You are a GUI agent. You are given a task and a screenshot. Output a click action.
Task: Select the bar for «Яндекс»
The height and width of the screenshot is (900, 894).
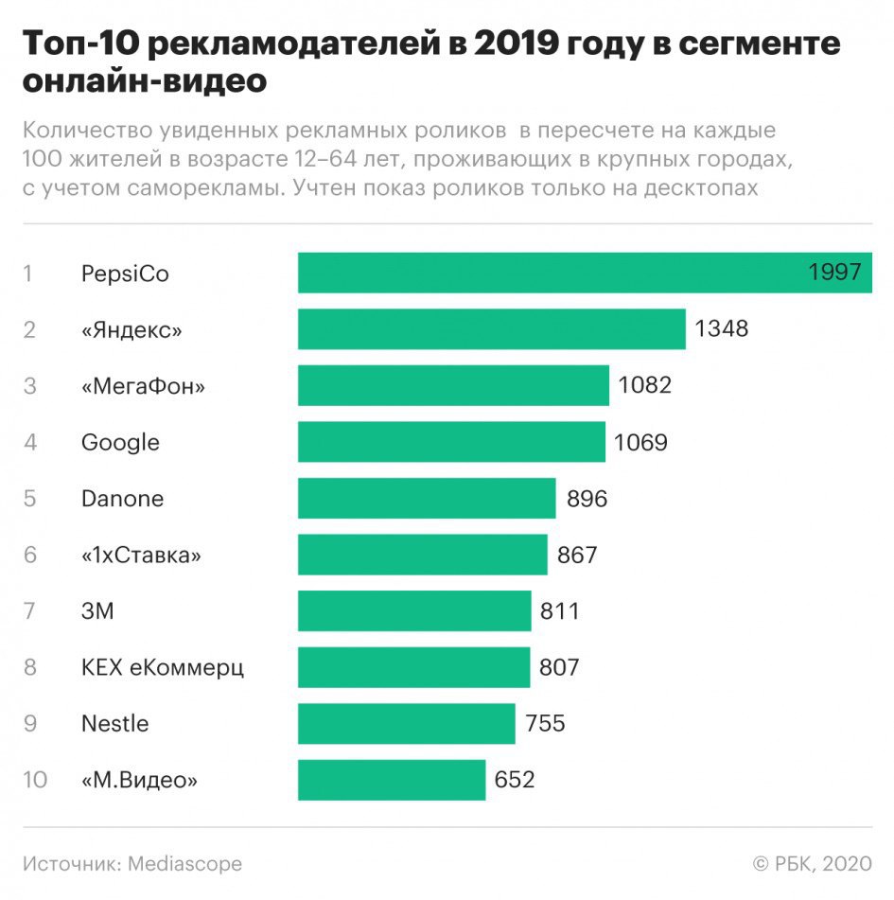(x=491, y=329)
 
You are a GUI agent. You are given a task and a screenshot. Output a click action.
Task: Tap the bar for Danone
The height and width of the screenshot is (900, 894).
(x=427, y=499)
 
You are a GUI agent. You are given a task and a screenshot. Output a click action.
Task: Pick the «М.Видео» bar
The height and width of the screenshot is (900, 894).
(x=392, y=780)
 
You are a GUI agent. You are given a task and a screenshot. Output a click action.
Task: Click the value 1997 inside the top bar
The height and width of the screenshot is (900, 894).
(x=834, y=273)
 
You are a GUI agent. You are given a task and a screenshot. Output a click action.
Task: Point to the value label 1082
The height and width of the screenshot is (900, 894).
(x=644, y=385)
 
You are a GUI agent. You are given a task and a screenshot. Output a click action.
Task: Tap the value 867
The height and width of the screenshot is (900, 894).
(x=577, y=555)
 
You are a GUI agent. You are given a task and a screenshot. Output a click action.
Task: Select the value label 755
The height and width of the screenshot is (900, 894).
(x=545, y=724)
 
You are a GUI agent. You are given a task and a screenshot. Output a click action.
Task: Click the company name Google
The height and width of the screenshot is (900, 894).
(x=120, y=442)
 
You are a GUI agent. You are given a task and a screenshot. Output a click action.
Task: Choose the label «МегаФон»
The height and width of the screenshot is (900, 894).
(x=143, y=386)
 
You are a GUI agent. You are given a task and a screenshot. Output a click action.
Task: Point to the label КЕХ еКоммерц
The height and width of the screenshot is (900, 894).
(x=163, y=667)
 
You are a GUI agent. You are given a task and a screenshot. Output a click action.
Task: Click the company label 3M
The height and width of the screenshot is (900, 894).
(x=97, y=611)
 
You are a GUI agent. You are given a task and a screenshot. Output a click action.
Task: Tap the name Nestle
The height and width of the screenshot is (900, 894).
(x=114, y=724)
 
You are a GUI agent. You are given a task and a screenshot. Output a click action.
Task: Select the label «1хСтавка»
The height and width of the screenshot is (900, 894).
(x=142, y=555)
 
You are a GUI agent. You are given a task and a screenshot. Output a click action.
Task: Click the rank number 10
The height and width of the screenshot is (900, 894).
(x=35, y=780)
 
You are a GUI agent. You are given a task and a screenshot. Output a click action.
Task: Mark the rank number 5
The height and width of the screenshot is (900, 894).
(x=29, y=499)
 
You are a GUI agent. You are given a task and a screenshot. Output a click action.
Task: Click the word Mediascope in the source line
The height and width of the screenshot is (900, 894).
(x=184, y=864)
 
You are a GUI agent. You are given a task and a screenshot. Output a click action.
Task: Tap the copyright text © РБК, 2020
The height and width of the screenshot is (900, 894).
(x=812, y=864)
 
